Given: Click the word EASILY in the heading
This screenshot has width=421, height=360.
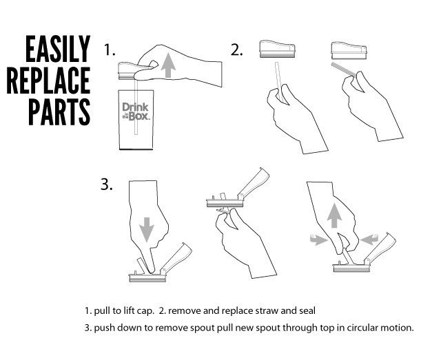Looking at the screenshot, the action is pyautogui.click(x=58, y=49).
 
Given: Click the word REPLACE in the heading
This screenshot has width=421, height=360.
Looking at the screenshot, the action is pyautogui.click(x=49, y=81).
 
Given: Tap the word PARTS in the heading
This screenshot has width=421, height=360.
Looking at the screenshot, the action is pyautogui.click(x=59, y=112).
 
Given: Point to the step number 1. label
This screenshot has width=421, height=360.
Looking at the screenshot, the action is pyautogui.click(x=110, y=50).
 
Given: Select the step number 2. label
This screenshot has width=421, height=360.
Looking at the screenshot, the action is pyautogui.click(x=236, y=50).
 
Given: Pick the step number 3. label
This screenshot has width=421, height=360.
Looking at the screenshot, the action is pyautogui.click(x=107, y=184).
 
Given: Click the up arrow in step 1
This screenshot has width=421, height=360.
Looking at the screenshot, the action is pyautogui.click(x=168, y=65).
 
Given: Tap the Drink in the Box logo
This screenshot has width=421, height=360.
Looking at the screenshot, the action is pyautogui.click(x=136, y=112).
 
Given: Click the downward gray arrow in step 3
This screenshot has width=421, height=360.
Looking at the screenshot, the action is pyautogui.click(x=147, y=229).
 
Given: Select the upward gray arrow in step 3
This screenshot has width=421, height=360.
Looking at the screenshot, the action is pyautogui.click(x=334, y=215).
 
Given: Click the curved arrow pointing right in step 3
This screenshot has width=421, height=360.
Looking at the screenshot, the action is pyautogui.click(x=318, y=240).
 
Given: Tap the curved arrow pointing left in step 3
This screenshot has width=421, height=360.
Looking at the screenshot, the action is pyautogui.click(x=369, y=239).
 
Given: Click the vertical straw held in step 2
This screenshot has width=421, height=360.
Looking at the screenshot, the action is pyautogui.click(x=279, y=81).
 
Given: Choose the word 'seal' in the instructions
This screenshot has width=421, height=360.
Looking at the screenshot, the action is pyautogui.click(x=307, y=310).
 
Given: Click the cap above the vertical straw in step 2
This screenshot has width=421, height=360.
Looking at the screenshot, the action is pyautogui.click(x=277, y=49).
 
